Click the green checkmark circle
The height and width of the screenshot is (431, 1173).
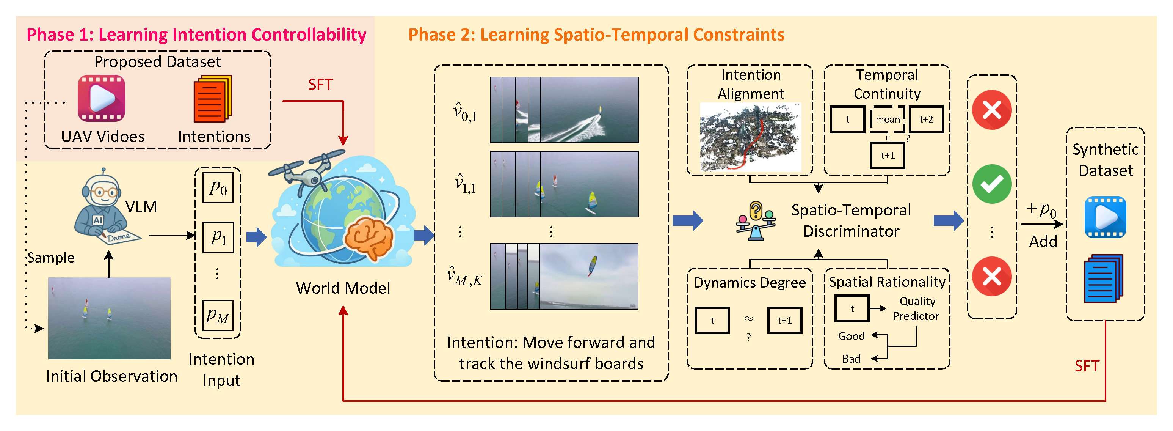click(991, 184)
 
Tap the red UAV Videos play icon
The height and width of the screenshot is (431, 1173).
click(101, 98)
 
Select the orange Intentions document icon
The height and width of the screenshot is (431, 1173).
click(212, 99)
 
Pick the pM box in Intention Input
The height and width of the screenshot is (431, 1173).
click(218, 315)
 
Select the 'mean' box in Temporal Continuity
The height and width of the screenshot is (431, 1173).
click(887, 120)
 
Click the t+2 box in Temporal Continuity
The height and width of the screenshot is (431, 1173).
click(926, 120)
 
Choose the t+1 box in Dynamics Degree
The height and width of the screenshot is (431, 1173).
click(784, 320)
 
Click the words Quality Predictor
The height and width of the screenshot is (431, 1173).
click(916, 308)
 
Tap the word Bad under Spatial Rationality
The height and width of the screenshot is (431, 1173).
click(851, 359)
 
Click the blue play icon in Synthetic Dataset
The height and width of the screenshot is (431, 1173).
click(1105, 217)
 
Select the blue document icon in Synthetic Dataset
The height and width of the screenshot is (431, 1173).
click(1103, 279)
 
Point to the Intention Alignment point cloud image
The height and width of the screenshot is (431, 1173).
click(750, 137)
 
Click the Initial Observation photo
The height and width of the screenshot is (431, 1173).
click(109, 318)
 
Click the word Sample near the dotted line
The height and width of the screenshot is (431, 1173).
click(50, 258)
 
